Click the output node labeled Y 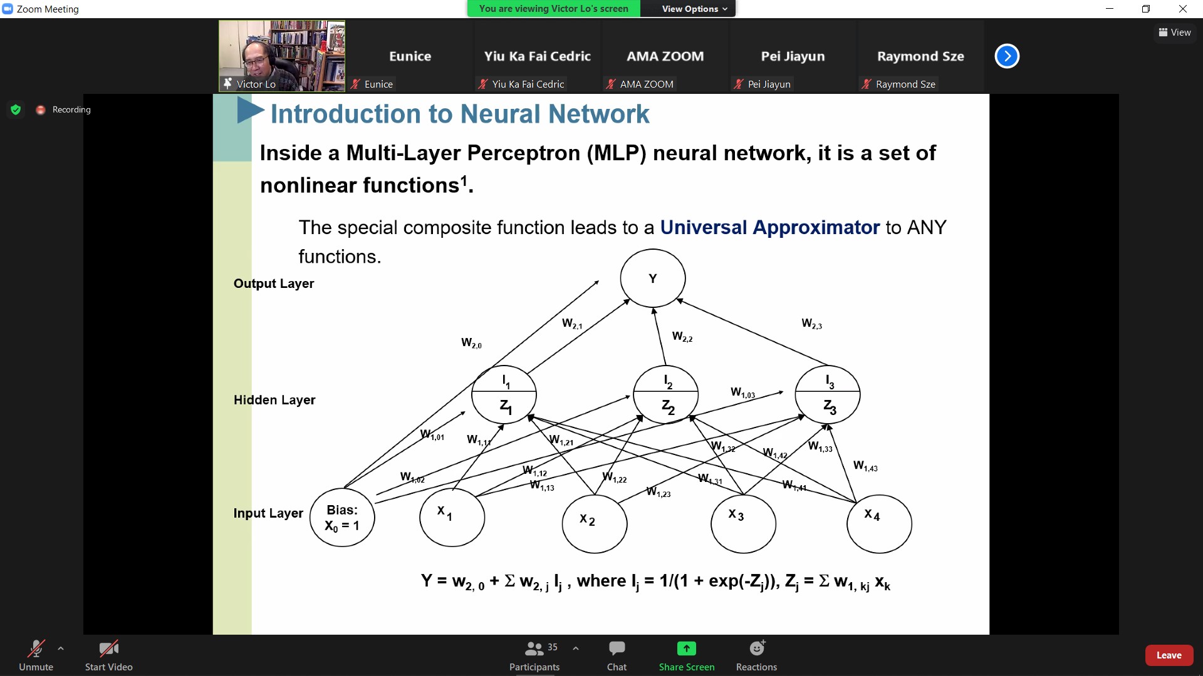[652, 279]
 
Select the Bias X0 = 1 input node [342, 518]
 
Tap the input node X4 [878, 524]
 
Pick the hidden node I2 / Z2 [665, 395]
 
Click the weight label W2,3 [811, 324]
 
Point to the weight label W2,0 [471, 343]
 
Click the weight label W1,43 [865, 466]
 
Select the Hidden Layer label [274, 400]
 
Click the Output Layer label [274, 284]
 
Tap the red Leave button [1169, 655]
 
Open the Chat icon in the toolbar [617, 648]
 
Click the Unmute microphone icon [36, 648]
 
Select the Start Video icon [108, 648]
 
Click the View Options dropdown [694, 9]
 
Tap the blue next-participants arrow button [1007, 56]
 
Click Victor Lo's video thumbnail [282, 56]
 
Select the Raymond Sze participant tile [920, 56]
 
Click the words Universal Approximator [769, 227]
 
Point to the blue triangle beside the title [249, 111]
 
